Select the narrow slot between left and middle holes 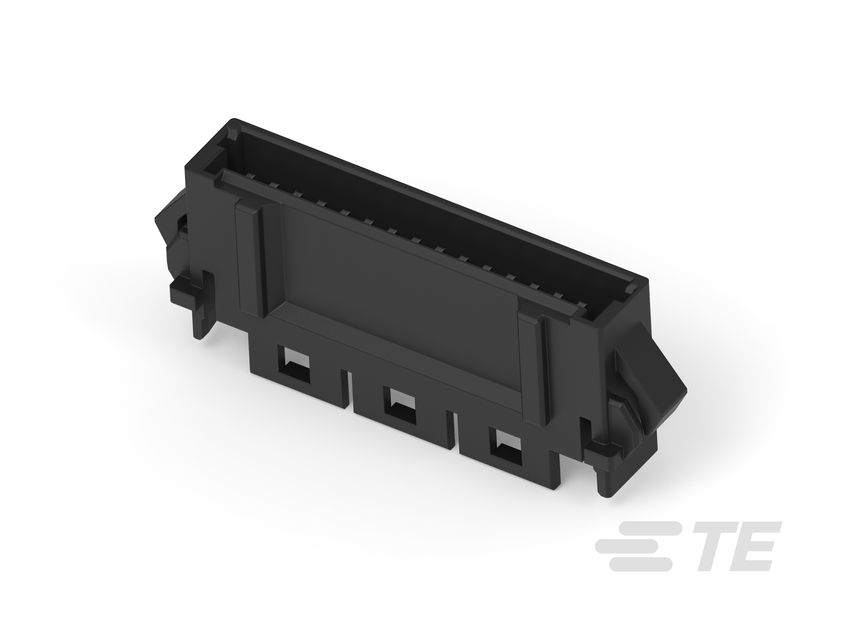click(348, 389)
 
